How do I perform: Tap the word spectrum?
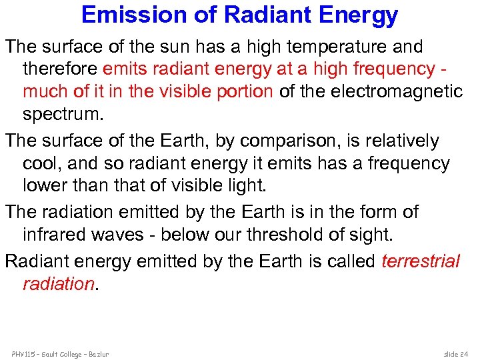pyautogui.click(x=63, y=114)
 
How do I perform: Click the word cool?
pyautogui.click(x=41, y=163)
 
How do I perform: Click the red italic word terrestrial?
pyautogui.click(x=421, y=261)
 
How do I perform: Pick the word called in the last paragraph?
pyautogui.click(x=351, y=261)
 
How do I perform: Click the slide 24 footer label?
pyautogui.click(x=457, y=353)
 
